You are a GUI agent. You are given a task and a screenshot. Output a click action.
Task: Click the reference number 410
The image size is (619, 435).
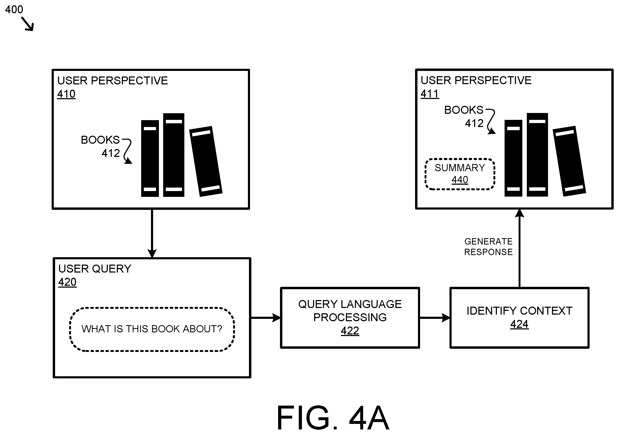click(66, 94)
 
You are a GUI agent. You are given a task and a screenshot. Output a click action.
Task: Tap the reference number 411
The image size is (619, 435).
click(430, 94)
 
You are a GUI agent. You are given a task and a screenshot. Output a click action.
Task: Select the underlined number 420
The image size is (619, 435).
click(67, 282)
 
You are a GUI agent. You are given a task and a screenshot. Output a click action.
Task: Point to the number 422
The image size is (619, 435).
click(350, 331)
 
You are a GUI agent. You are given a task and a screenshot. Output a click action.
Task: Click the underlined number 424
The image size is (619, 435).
click(519, 324)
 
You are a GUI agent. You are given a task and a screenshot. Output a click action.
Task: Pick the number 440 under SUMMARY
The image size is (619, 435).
click(460, 180)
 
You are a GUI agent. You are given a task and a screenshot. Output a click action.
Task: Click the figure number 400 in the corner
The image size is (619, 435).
click(14, 10)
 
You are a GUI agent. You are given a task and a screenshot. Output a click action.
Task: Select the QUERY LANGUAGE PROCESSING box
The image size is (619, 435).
click(350, 318)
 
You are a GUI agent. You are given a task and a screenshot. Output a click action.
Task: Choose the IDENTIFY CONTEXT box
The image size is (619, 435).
click(519, 318)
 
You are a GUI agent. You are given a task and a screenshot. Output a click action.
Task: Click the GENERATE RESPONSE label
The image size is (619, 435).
click(488, 247)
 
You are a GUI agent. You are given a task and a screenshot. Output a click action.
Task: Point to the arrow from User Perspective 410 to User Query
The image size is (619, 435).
click(152, 234)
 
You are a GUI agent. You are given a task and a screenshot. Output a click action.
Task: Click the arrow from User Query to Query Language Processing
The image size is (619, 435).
click(266, 318)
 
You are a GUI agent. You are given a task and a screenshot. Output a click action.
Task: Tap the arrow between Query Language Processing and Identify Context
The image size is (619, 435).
click(435, 318)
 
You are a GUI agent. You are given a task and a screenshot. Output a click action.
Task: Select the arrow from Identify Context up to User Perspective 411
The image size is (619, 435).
click(519, 248)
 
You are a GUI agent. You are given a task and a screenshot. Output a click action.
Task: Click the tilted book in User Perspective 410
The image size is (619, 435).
click(206, 161)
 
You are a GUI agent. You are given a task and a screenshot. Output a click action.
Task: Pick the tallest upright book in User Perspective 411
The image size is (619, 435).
click(537, 155)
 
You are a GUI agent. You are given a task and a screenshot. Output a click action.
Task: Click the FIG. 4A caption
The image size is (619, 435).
click(333, 418)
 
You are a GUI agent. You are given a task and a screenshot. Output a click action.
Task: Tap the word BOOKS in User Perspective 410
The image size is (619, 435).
click(100, 140)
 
